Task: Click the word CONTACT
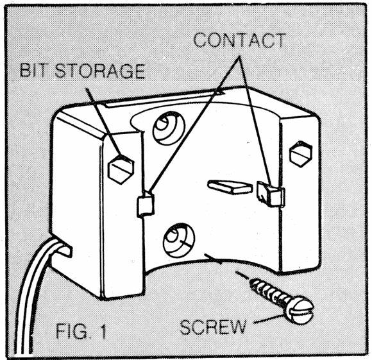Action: point(239,41)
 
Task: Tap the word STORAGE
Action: point(100,71)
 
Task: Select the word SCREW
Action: point(212,327)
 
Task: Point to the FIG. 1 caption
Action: point(81,331)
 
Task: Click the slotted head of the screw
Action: point(300,310)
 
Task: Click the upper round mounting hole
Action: point(169,128)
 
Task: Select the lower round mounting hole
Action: point(180,240)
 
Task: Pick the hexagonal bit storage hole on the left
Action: point(121,169)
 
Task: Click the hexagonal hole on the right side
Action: point(301,154)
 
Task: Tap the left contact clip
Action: point(145,204)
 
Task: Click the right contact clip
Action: point(271,193)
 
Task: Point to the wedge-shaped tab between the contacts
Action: point(230,187)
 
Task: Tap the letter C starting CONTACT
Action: point(200,41)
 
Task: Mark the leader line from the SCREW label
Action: point(269,319)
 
